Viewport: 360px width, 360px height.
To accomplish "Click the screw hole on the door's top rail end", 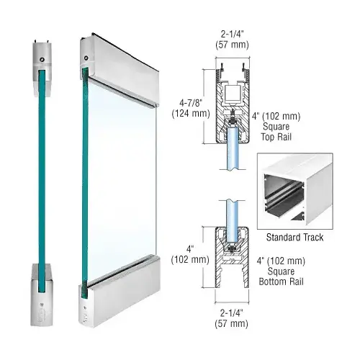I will [x=86, y=58].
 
